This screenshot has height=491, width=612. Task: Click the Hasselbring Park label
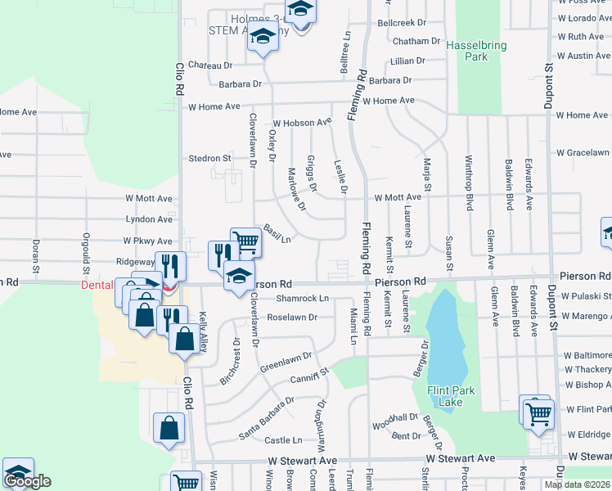(466, 51)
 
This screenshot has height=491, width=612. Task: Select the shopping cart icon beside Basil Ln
(245, 241)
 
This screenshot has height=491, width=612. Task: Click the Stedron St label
(210, 158)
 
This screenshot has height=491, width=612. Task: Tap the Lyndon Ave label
(149, 219)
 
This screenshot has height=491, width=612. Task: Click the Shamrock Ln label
(302, 299)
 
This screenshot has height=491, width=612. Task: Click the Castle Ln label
(283, 440)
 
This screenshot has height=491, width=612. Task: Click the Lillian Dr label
(407, 61)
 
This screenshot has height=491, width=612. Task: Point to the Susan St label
(449, 254)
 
